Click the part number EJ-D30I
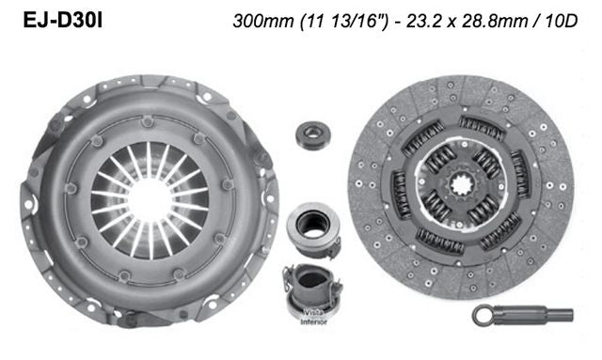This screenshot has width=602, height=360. [58, 20]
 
